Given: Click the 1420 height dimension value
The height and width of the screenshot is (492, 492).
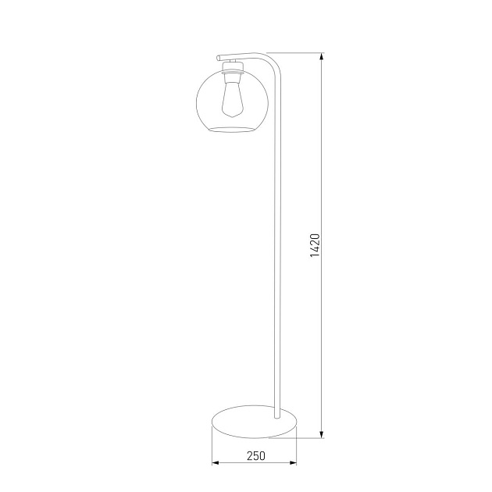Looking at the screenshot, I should coord(315,245).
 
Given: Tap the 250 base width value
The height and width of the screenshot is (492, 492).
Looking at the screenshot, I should coord(255,456).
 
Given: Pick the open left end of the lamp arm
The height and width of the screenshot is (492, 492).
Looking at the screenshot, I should coord(218,57).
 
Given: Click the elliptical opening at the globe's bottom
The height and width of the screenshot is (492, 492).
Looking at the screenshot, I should coord(231,127).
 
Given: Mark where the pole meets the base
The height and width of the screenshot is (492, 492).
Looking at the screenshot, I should coord(276,415).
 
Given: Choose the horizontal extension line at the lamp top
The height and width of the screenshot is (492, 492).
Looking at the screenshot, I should coord(297,53).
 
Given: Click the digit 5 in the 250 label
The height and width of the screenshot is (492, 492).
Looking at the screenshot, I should coord(255,456).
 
